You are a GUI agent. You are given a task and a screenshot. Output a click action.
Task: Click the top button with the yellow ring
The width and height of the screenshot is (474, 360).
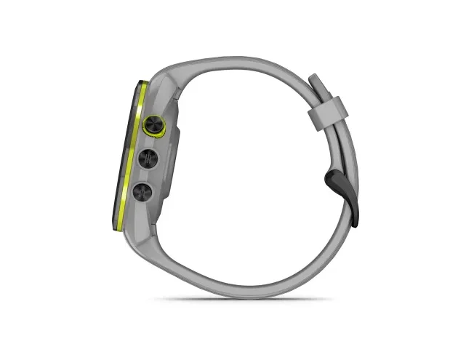point(155,124)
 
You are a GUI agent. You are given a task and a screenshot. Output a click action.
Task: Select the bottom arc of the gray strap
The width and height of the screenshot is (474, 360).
point(240,285)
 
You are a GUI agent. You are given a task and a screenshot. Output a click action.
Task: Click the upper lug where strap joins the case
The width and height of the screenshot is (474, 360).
point(171,87)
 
